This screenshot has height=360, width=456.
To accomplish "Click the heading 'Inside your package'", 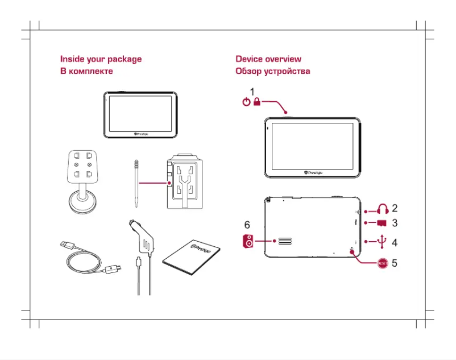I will click(101, 59).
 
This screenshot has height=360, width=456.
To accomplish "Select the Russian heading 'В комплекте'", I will click(86, 71).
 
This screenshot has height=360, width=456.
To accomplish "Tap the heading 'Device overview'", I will click(268, 59).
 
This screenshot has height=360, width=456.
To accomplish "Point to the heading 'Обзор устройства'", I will click(273, 72).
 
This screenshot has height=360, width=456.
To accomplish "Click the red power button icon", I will click(246, 102).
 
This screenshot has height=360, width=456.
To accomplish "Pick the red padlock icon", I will click(257, 102).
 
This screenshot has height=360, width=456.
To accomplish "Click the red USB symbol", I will click(382, 242).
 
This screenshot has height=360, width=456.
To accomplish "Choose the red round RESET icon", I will click(385, 263).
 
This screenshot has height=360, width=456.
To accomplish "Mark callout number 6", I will click(247, 225).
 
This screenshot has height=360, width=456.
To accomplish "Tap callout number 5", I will click(394, 264).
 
